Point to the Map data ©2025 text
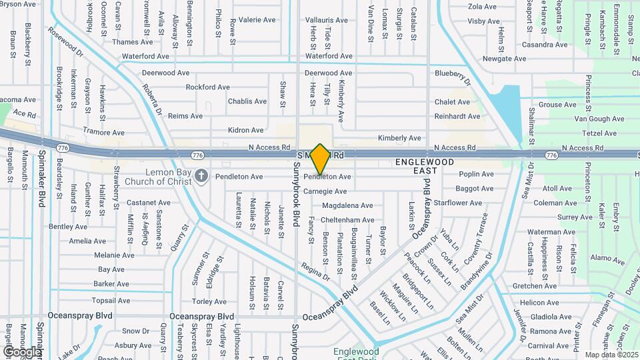[x=611, y=354]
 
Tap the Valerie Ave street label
[x=257, y=20]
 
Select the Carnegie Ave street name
[x=325, y=191]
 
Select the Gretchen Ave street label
[x=534, y=286]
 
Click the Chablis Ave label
[x=247, y=101]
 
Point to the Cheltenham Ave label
[x=347, y=220]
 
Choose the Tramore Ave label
[x=103, y=133]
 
